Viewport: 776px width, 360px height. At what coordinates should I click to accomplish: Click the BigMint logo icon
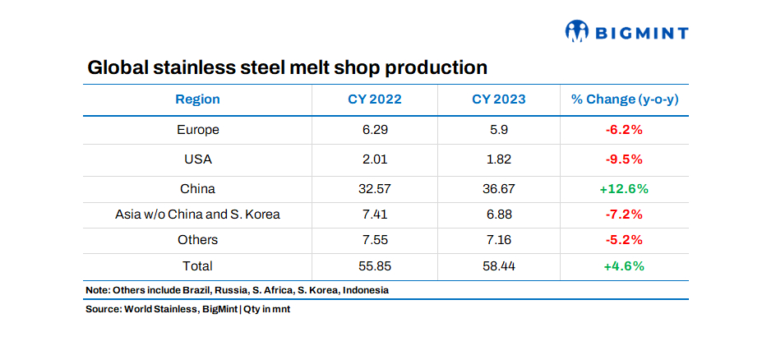(x=577, y=31)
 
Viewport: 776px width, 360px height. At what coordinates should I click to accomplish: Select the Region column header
(x=197, y=99)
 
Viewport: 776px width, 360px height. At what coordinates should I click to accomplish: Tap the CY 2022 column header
(x=374, y=99)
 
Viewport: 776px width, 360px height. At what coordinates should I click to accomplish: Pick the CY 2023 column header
(x=498, y=99)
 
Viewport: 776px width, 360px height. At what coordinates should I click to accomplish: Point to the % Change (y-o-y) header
(x=624, y=99)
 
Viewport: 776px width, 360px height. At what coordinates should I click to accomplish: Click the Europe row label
(x=197, y=130)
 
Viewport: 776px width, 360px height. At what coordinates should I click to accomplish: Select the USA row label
(x=197, y=159)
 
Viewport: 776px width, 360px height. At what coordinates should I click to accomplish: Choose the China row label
(x=197, y=188)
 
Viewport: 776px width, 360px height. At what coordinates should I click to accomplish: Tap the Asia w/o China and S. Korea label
(x=197, y=215)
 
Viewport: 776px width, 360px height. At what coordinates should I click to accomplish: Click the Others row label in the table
(x=197, y=240)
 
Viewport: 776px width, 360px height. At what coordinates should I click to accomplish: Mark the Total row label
(x=197, y=265)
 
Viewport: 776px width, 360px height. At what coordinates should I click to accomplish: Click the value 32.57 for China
(x=374, y=188)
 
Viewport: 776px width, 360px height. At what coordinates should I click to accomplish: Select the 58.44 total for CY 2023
(x=498, y=265)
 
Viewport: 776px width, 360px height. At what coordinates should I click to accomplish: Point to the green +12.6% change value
(x=624, y=188)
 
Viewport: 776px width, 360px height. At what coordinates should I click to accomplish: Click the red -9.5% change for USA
(x=624, y=159)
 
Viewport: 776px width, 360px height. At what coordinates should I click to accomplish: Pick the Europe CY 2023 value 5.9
(x=498, y=130)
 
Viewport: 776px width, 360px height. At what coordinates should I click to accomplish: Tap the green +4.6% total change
(x=624, y=265)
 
